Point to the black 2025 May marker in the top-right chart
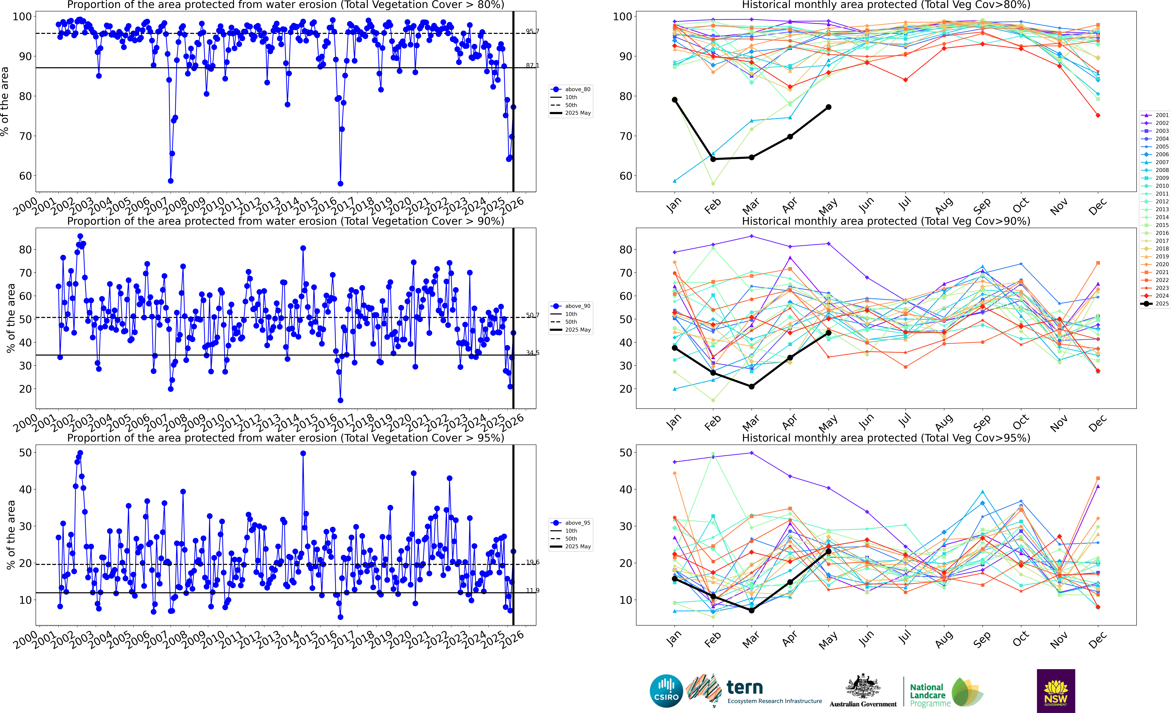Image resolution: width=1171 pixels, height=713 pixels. tap(828, 107)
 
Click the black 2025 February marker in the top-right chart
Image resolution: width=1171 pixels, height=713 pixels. tap(713, 159)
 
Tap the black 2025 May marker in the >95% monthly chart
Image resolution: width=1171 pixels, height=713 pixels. tap(828, 551)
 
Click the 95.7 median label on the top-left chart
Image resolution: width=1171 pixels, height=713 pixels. tap(532, 31)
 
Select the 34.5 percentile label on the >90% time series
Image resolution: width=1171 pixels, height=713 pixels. tap(532, 353)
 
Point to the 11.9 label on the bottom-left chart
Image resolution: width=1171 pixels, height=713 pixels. tap(532, 590)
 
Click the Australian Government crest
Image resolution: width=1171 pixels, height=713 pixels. tap(863, 687)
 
